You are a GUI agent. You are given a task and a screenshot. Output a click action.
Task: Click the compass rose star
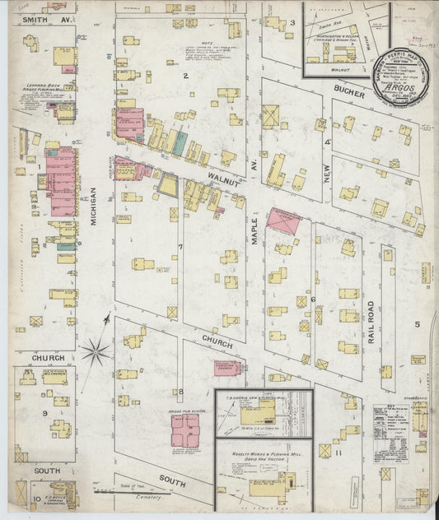click(x=96, y=351)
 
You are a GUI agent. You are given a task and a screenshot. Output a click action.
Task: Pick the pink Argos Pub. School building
click(x=184, y=429)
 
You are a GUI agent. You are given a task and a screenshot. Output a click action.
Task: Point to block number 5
click(x=417, y=324)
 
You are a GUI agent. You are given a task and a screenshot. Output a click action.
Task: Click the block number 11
click(x=338, y=452)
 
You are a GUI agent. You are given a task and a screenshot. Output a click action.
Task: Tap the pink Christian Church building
click(x=227, y=369)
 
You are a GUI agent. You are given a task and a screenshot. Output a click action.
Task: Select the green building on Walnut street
click(x=179, y=142)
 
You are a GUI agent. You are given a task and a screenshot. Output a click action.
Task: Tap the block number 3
click(x=292, y=22)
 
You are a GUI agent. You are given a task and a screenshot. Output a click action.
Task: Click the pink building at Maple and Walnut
click(x=283, y=221)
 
